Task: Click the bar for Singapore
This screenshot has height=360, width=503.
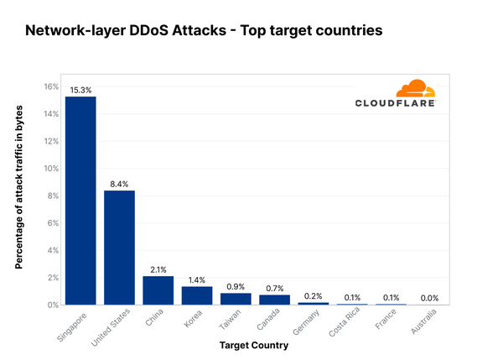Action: (x=80, y=201)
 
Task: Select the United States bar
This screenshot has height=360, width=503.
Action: (x=119, y=248)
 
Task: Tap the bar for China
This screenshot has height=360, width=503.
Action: (x=158, y=290)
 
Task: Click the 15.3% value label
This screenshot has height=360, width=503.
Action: (x=80, y=90)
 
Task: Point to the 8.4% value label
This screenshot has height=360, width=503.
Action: (x=119, y=184)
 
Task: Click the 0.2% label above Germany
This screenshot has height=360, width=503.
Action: (x=314, y=295)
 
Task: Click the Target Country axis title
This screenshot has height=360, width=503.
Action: (x=255, y=345)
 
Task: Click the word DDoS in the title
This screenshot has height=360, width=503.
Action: (x=156, y=31)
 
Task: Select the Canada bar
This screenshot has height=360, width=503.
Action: (x=274, y=300)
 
